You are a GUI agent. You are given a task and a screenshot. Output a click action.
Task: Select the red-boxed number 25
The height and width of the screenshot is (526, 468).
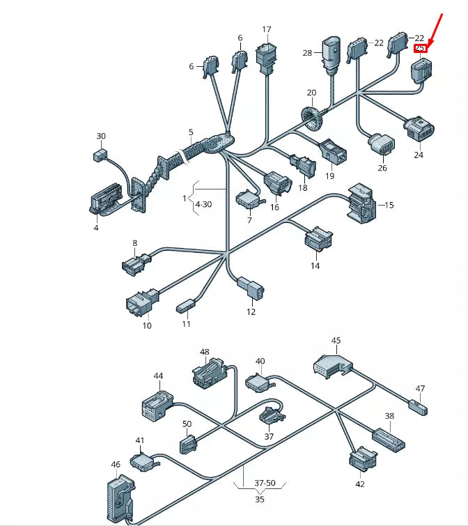click(420, 48)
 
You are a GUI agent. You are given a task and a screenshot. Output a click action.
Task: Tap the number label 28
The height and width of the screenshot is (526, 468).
click(307, 53)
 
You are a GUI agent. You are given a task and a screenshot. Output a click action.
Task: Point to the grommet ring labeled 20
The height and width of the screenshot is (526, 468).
click(313, 116)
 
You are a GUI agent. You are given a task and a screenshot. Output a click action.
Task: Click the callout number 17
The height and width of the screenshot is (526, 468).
click(267, 29)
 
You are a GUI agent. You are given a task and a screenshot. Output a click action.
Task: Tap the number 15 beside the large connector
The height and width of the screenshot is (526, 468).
click(389, 205)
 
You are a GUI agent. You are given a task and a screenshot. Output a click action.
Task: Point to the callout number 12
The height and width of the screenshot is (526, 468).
click(251, 311)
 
